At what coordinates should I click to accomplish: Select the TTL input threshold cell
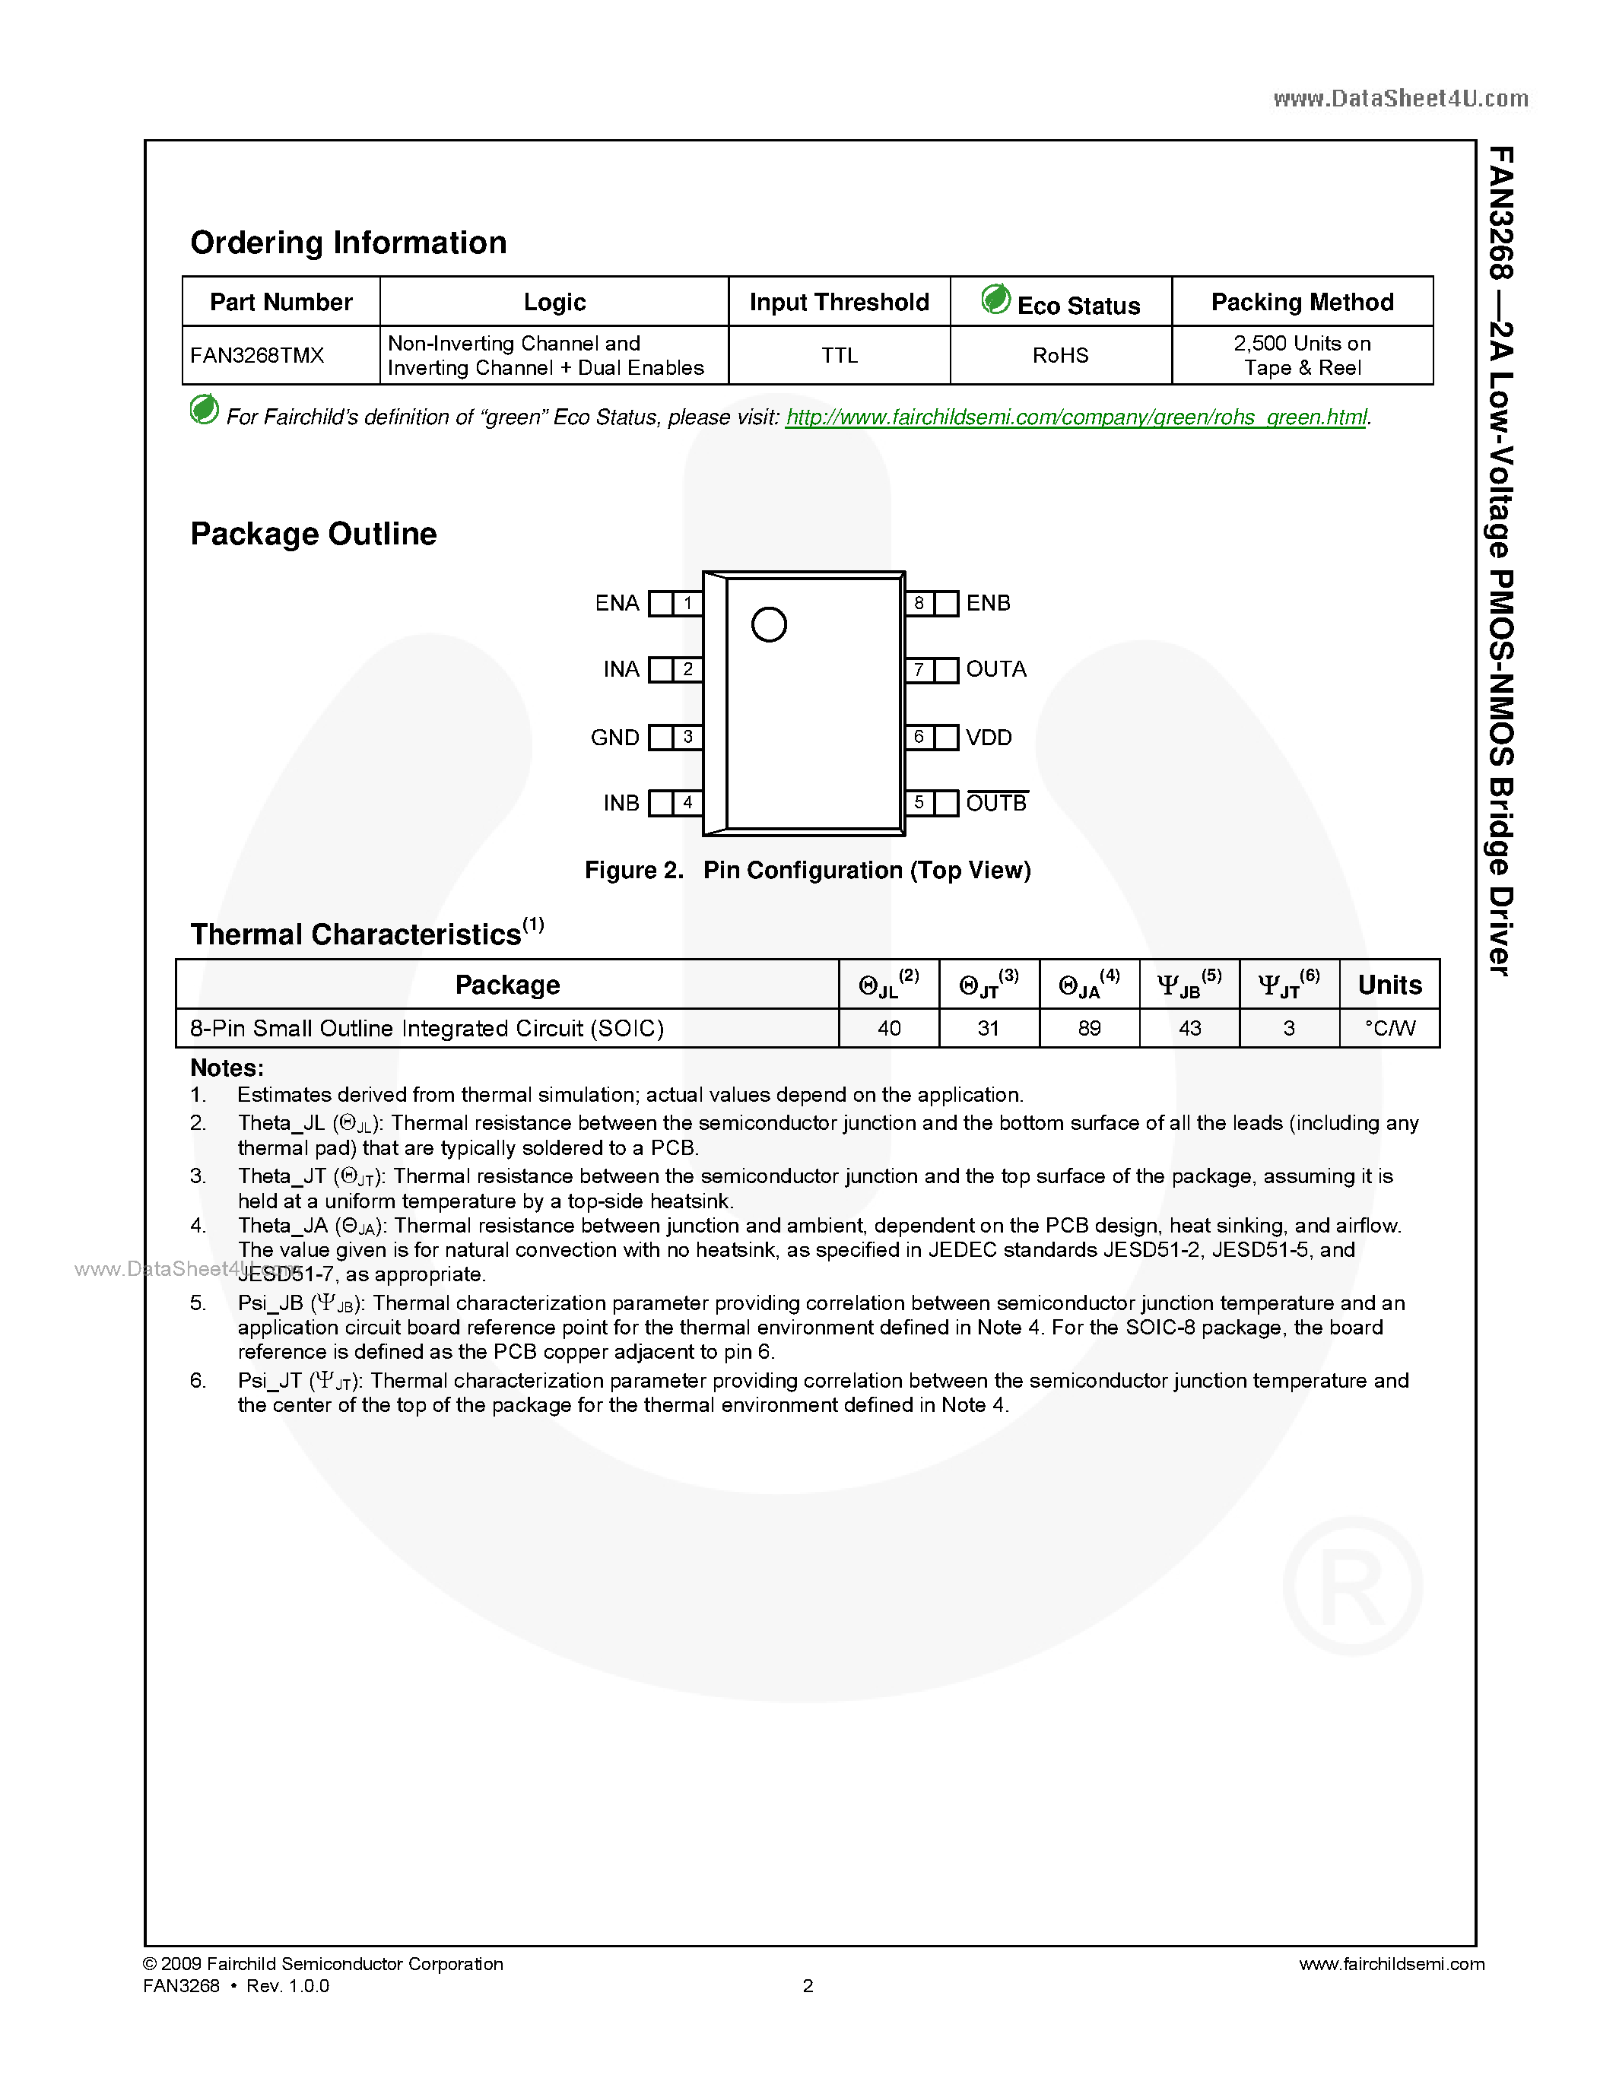click(x=839, y=355)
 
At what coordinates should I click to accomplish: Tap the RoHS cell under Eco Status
click(x=1060, y=355)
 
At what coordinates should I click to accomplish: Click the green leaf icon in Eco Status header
click(x=995, y=300)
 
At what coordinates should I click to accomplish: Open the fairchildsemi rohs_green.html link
click(x=1076, y=417)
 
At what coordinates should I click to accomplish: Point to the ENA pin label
click(x=617, y=603)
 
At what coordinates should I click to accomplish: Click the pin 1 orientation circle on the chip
click(x=769, y=625)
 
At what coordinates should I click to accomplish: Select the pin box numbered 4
click(x=687, y=802)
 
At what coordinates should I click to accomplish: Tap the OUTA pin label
click(x=995, y=669)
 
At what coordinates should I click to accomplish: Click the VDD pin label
click(x=988, y=738)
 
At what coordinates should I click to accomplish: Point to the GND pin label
click(x=614, y=738)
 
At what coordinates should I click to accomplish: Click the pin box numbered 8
click(x=919, y=603)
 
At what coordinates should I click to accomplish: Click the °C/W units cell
click(x=1389, y=1028)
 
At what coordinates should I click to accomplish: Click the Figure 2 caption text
click(x=807, y=871)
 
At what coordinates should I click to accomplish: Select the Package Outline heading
click(x=313, y=533)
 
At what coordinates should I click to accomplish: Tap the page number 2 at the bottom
click(x=807, y=1985)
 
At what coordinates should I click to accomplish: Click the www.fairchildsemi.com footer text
click(x=1391, y=1964)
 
